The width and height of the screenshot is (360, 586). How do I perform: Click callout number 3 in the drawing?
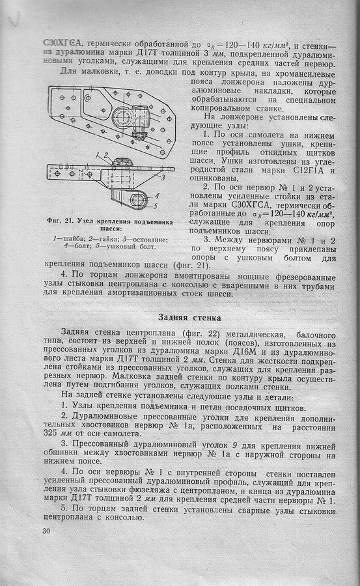[x=163, y=178]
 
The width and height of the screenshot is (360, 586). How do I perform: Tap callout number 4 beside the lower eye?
[x=157, y=195]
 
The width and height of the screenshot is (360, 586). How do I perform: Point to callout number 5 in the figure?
[x=156, y=206]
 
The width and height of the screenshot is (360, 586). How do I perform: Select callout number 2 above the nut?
[x=106, y=155]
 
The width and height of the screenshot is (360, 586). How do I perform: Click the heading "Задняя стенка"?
[x=189, y=318]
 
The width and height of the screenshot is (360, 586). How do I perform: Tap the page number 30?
[x=46, y=531]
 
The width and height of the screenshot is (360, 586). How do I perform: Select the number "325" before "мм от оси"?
[x=51, y=434]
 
